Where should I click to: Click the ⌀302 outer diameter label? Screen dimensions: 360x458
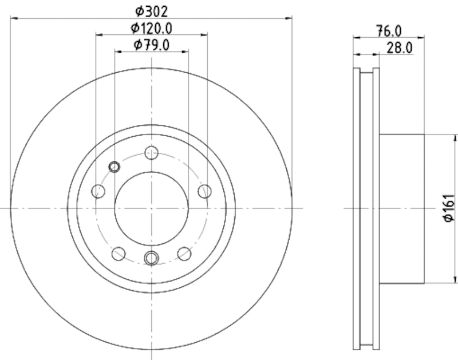pos(151,10)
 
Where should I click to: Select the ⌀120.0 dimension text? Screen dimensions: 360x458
pos(151,27)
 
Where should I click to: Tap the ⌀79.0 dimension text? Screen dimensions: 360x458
pos(151,45)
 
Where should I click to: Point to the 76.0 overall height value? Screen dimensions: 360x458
pos(389,30)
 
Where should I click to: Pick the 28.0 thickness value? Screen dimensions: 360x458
pos(400,48)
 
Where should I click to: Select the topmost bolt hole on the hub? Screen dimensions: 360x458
pos(151,153)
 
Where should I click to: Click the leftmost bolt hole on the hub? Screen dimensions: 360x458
pos(98,191)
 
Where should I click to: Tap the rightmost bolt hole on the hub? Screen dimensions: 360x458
pos(204,191)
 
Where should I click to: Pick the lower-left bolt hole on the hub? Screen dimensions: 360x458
pos(119,252)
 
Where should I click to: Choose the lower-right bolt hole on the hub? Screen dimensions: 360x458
pos(184,252)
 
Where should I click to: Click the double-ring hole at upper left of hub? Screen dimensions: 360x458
pos(114,167)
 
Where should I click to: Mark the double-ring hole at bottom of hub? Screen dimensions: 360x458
pos(151,258)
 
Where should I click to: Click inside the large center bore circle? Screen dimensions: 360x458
pos(151,208)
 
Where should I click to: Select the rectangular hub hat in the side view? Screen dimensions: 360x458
pos(402,208)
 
